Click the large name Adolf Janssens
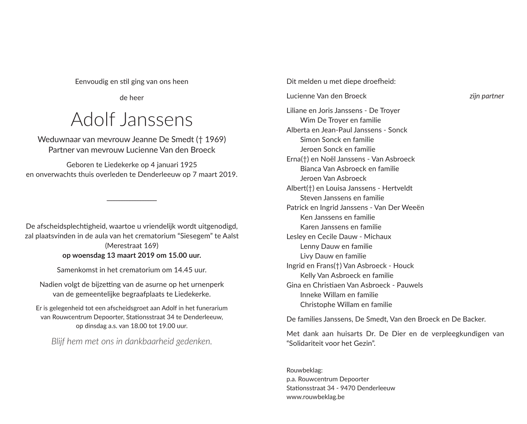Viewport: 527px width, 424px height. coord(132,119)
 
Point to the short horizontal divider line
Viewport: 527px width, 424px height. coord(132,200)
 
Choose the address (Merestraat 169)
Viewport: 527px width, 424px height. coord(132,246)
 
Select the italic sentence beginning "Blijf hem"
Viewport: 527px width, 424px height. coord(132,341)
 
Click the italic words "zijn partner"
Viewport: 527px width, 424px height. coord(486,96)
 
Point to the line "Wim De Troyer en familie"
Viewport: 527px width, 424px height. coord(340,120)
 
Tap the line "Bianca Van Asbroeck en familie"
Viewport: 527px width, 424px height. coord(349,169)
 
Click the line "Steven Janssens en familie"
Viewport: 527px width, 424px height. coord(342,198)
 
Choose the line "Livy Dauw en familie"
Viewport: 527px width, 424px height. coord(333,256)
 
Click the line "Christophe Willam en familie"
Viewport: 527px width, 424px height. coord(346,305)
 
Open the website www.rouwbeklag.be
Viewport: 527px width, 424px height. coord(315,397)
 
